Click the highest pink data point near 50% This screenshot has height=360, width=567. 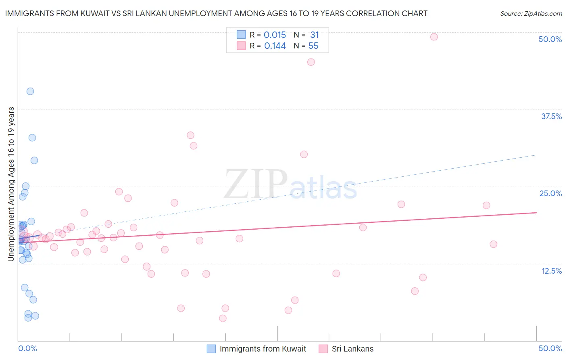click(434, 37)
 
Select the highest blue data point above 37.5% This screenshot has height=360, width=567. click(30, 91)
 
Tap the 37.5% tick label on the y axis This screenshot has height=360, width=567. click(551, 116)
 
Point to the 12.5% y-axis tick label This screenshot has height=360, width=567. click(551, 271)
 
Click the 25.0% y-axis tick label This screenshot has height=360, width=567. click(550, 193)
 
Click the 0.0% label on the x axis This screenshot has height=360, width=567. click(27, 348)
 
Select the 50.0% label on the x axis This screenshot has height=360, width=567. click(550, 348)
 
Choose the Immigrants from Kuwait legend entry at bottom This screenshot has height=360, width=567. click(263, 349)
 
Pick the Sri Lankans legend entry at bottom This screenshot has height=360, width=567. click(352, 349)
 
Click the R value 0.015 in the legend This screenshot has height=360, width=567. click(275, 35)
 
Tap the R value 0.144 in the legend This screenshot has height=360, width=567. click(275, 46)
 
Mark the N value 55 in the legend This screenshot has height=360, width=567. click(313, 46)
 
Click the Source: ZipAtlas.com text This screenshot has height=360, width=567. click(531, 14)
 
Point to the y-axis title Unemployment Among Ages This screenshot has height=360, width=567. click(11, 184)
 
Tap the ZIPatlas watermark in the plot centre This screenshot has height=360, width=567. click(290, 185)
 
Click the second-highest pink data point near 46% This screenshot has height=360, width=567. click(311, 62)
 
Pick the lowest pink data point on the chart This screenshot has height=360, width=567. click(223, 318)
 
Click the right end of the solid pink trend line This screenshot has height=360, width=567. click(536, 212)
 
